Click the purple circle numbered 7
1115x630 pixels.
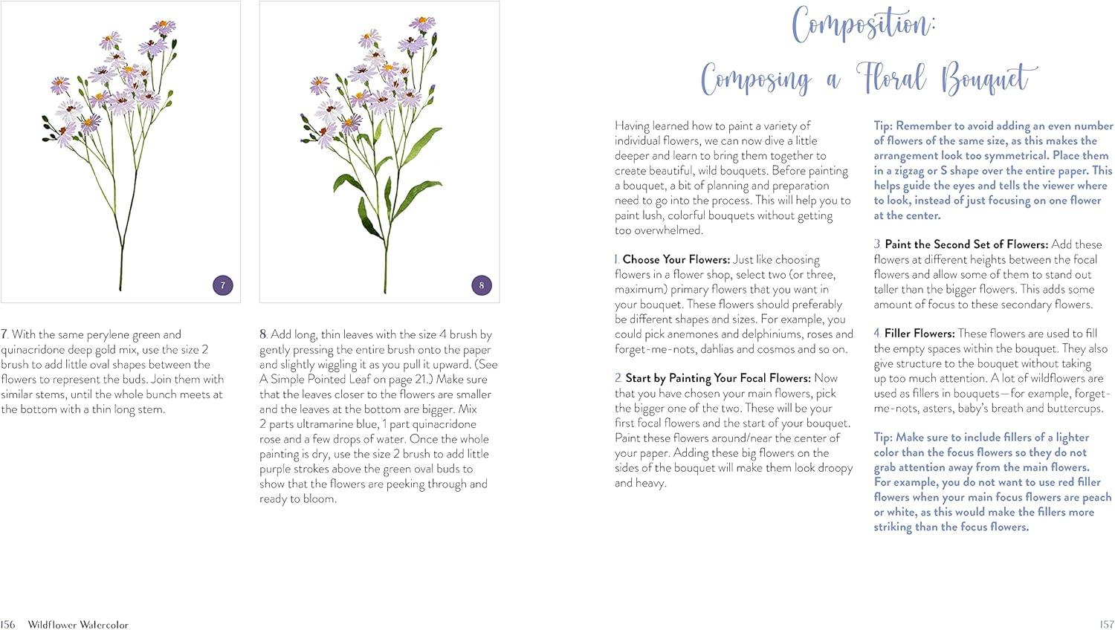click(x=223, y=285)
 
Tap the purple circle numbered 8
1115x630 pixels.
click(x=482, y=285)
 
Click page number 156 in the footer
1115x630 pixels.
click(x=7, y=625)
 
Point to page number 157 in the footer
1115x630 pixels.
click(x=1106, y=625)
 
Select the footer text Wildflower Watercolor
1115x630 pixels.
click(x=78, y=625)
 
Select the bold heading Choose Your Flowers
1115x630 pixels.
click(x=676, y=260)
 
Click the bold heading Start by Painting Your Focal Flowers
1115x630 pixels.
click(x=719, y=379)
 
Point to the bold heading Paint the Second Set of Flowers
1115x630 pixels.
click(x=966, y=244)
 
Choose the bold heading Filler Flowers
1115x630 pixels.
click(x=919, y=334)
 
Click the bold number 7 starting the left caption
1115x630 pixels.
click(x=4, y=335)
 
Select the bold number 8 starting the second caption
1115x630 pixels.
click(x=263, y=335)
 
